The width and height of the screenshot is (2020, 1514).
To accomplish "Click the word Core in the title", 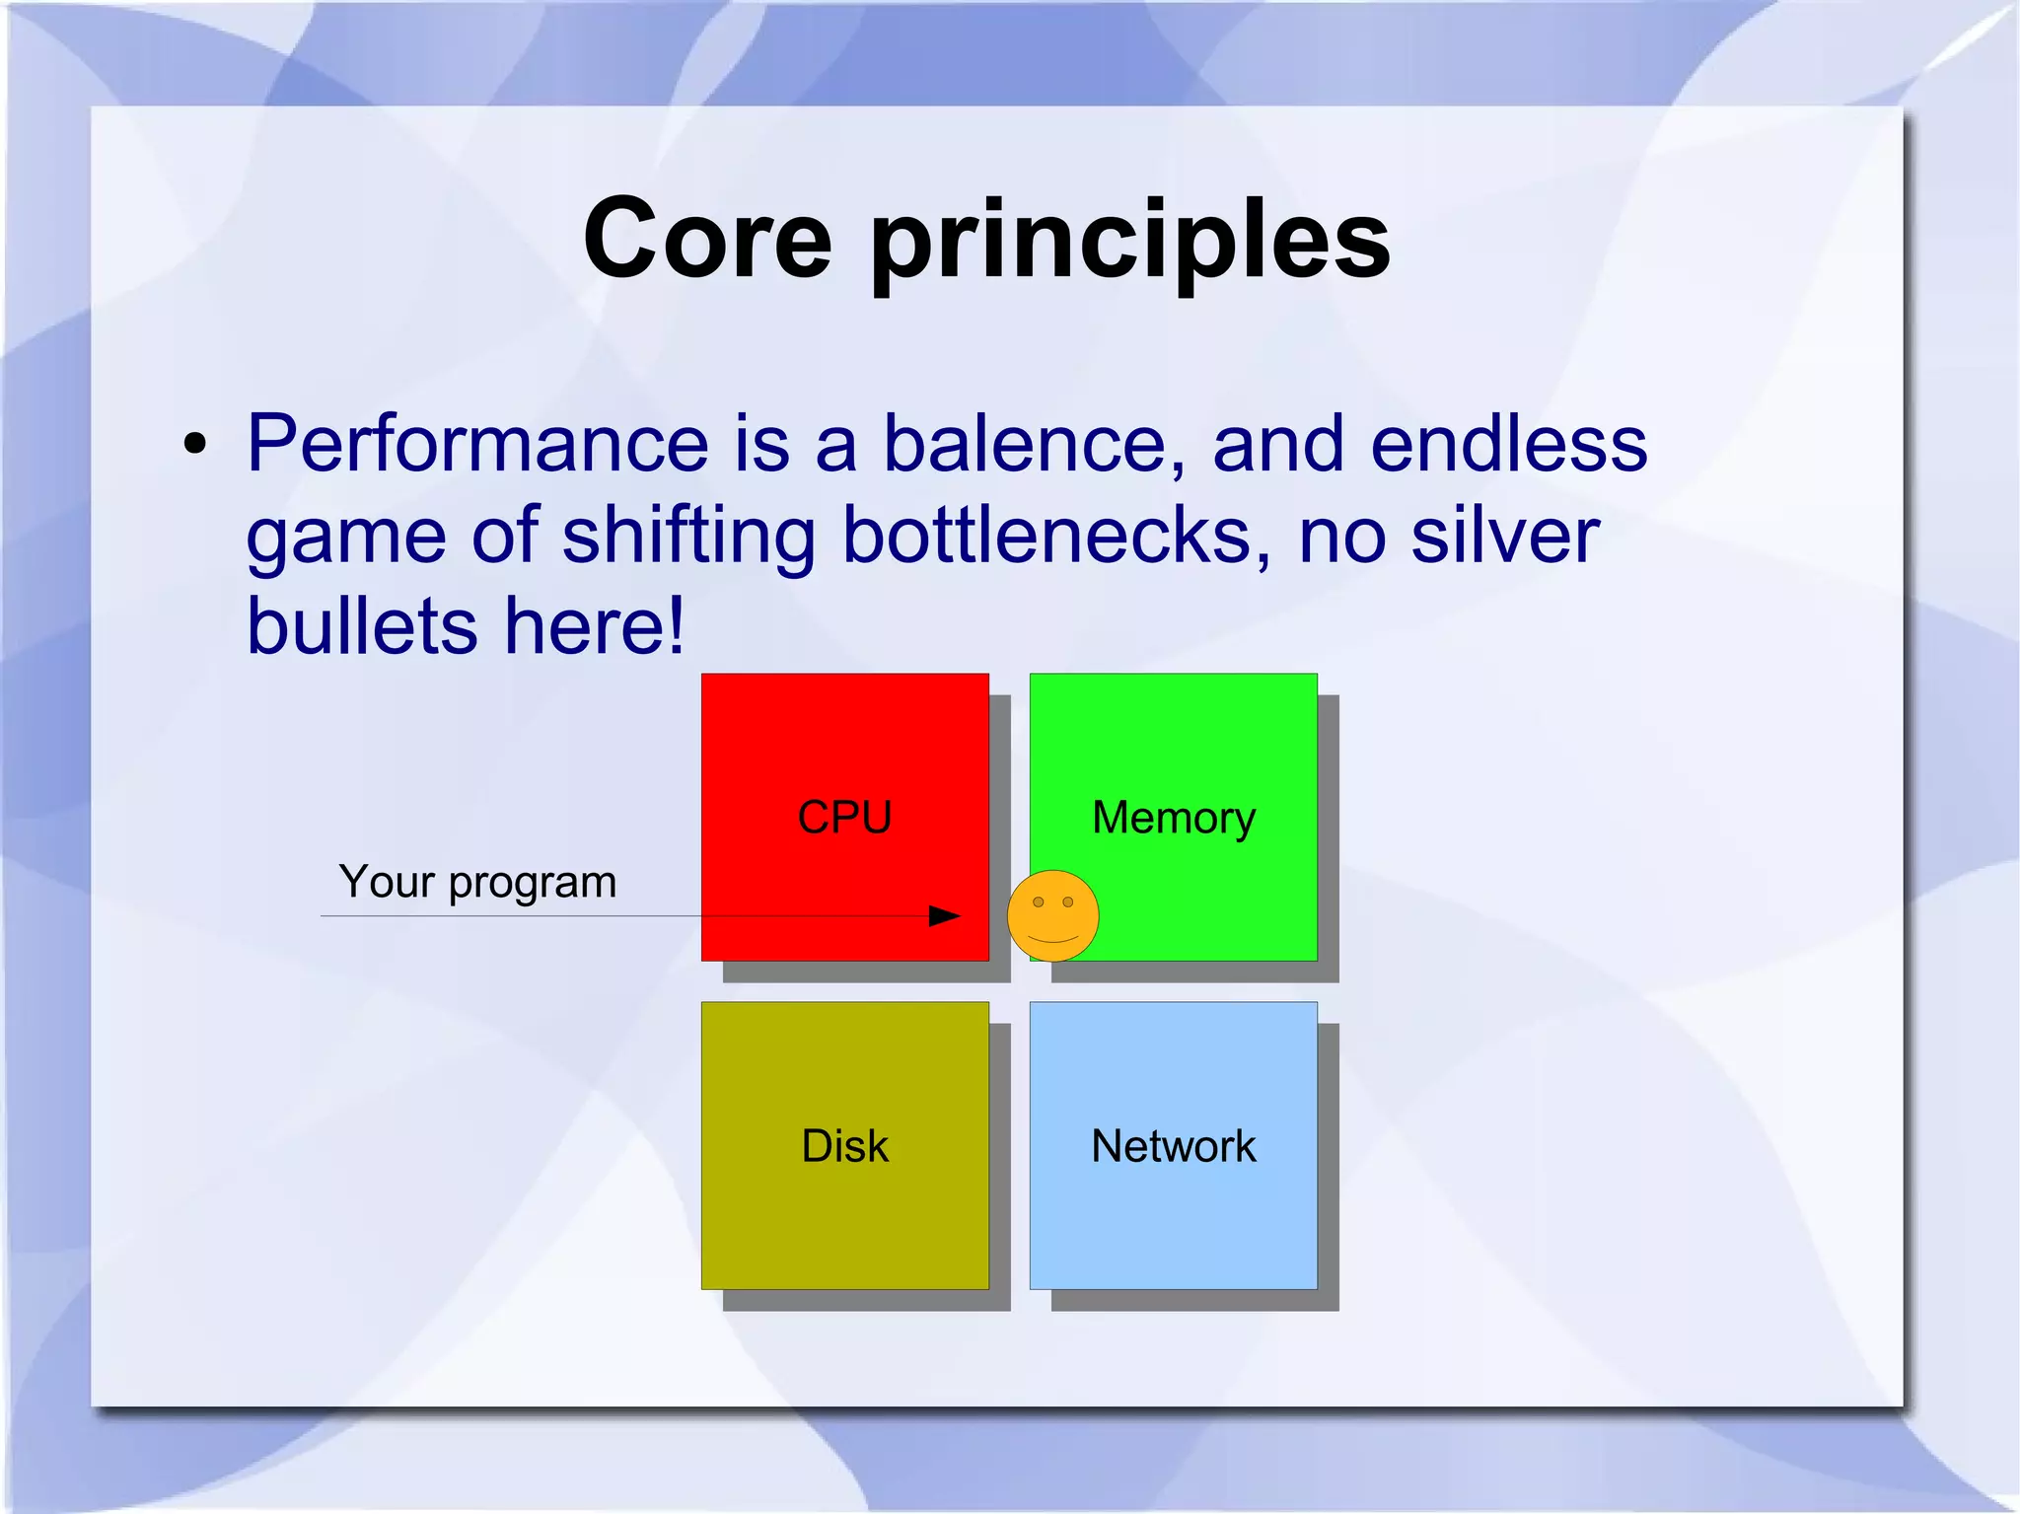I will click(x=707, y=239).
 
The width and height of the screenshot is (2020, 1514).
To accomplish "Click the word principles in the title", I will click(x=1129, y=241).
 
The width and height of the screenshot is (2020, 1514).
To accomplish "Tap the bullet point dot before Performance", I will click(x=195, y=445).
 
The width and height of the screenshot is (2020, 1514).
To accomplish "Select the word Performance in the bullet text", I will click(x=477, y=444).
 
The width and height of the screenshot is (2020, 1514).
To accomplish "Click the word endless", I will click(x=1508, y=444).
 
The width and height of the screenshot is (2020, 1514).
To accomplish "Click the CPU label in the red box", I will click(x=844, y=818).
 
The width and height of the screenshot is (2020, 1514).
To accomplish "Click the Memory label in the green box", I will click(x=1174, y=818).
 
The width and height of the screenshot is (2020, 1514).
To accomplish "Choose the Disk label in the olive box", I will click(x=844, y=1146).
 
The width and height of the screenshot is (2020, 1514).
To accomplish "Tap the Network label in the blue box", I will click(x=1174, y=1146).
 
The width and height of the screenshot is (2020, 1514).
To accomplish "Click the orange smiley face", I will click(x=1052, y=915).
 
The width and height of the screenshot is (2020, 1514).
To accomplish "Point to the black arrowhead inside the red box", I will click(x=944, y=916).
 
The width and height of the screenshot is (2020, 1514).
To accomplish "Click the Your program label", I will click(x=477, y=881).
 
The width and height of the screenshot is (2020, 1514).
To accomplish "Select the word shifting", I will click(x=687, y=535).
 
